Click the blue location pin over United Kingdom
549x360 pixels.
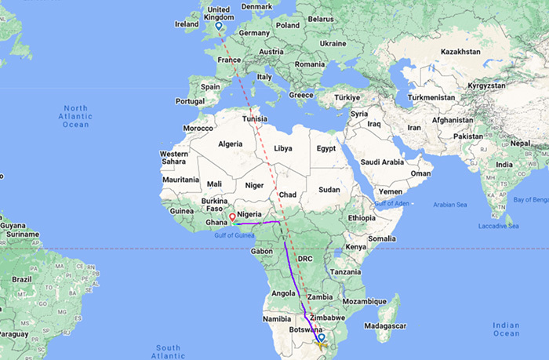tap(218, 27)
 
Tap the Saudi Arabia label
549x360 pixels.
tap(381, 162)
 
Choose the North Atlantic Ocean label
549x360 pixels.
tap(76, 116)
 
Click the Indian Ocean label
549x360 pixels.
tap(507, 329)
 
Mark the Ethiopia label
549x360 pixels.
tap(362, 217)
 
